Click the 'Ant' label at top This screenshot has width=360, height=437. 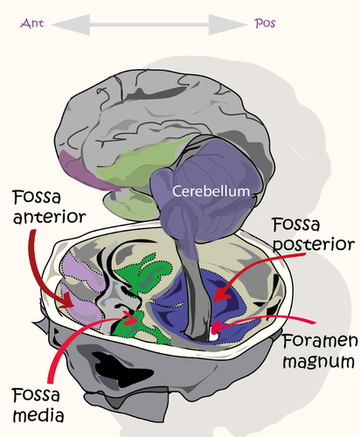(31, 24)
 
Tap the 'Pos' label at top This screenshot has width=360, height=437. (265, 24)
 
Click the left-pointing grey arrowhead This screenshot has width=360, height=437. (71, 24)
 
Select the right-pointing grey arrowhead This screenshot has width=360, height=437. (228, 24)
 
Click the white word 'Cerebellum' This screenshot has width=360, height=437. (211, 191)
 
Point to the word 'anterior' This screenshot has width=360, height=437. (50, 217)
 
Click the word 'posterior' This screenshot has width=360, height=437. (314, 245)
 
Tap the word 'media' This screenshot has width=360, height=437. (38, 415)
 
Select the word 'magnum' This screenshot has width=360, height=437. (319, 362)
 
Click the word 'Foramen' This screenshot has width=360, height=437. (320, 341)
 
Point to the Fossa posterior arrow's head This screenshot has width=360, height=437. (223, 294)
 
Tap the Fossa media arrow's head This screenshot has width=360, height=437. (130, 318)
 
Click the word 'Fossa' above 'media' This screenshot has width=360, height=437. (36, 395)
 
